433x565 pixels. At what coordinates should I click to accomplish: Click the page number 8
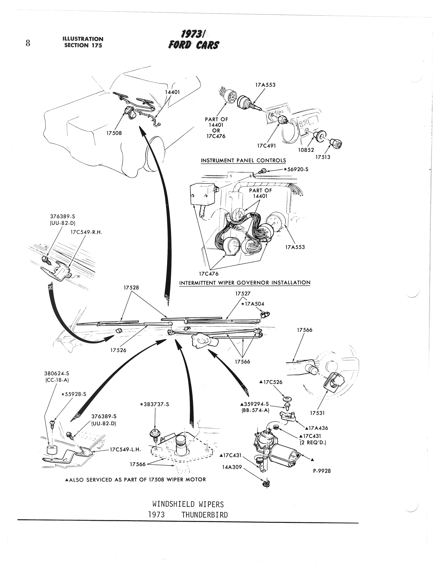[28, 43]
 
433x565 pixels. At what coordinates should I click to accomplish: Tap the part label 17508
[114, 133]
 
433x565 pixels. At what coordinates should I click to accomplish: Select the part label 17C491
[266, 146]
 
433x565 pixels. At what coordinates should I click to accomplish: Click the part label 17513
[323, 157]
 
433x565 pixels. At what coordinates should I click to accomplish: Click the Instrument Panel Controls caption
[243, 160]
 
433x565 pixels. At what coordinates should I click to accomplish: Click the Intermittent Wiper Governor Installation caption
[245, 283]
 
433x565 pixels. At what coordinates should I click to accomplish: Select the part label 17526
[118, 350]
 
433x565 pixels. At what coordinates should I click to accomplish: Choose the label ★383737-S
[154, 404]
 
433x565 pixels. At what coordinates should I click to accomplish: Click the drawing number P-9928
[322, 471]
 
